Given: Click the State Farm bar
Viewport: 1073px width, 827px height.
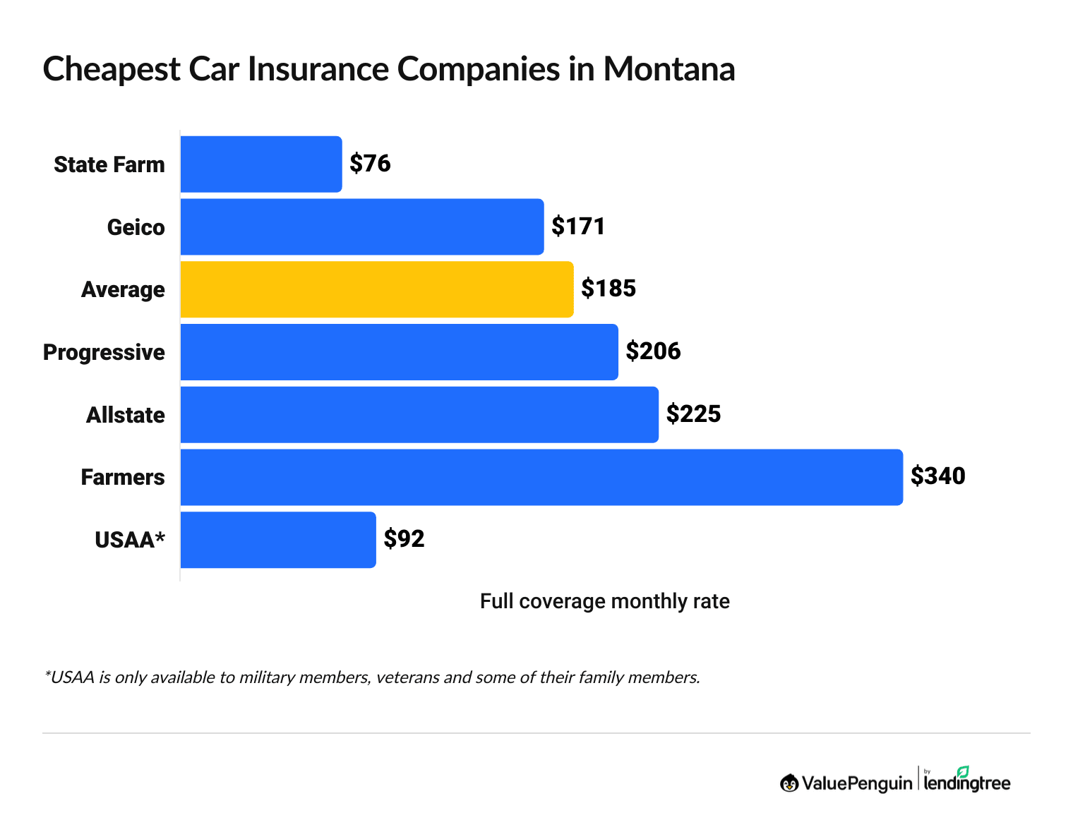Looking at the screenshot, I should click(261, 164).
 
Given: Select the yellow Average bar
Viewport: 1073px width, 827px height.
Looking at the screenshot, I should click(377, 289).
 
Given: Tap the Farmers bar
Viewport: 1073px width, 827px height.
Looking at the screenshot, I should click(541, 477).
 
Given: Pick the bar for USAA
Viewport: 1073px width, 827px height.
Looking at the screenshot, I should click(278, 540).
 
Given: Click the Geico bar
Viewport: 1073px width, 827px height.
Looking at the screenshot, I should click(362, 227).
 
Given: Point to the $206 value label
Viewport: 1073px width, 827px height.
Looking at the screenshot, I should click(653, 351).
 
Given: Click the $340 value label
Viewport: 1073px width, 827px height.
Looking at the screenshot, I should click(937, 476).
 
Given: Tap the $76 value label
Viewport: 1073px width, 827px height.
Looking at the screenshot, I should click(370, 164).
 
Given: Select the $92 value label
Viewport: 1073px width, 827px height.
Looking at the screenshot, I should click(404, 539).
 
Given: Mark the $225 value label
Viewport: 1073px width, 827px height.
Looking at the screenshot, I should click(693, 414).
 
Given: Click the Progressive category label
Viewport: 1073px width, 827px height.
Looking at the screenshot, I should click(104, 352).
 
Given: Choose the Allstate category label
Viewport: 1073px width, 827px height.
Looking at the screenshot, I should click(125, 415).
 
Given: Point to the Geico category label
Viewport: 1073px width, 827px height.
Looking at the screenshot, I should click(136, 227).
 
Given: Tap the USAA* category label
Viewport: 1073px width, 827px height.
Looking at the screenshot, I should click(130, 540).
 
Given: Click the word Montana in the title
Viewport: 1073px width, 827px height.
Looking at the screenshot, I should click(669, 69).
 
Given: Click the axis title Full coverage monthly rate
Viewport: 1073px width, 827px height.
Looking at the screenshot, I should click(604, 601).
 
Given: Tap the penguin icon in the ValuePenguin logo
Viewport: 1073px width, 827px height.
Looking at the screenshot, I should click(789, 783).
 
